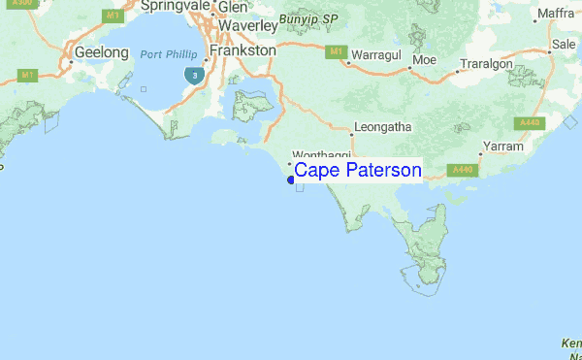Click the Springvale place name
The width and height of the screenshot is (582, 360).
click(177, 7)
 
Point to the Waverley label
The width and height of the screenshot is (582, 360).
click(248, 27)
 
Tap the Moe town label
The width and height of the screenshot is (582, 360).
click(424, 60)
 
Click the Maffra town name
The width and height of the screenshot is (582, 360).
click(556, 14)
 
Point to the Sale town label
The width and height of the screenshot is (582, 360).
click(564, 45)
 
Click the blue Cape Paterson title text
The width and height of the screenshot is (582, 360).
click(357, 172)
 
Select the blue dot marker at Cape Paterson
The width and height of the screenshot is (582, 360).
click(290, 179)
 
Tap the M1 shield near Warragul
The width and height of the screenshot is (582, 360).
click(336, 51)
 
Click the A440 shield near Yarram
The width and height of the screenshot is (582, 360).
click(462, 170)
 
